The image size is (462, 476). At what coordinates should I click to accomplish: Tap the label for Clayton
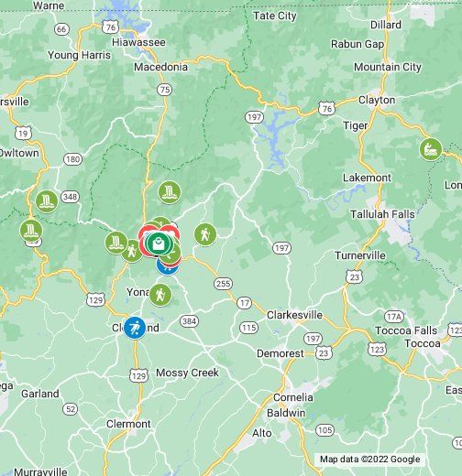click(x=376, y=100)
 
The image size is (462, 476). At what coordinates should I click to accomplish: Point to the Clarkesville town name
click(x=294, y=314)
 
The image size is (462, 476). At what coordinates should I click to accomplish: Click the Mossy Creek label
click(x=186, y=373)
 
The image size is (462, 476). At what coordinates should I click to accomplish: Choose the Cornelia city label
click(x=292, y=397)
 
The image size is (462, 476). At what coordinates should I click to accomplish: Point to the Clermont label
click(x=127, y=424)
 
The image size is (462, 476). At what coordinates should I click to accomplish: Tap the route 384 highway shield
click(x=189, y=321)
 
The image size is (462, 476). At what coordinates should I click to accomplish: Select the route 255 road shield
click(x=223, y=284)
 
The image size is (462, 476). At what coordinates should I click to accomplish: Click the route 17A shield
click(x=394, y=316)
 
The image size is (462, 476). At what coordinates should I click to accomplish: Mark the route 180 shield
click(x=71, y=159)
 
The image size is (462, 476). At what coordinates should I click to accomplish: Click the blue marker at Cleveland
click(x=134, y=328)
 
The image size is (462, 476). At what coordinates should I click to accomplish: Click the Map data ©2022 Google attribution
click(x=369, y=460)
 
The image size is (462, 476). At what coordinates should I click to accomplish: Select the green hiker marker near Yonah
click(x=160, y=295)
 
